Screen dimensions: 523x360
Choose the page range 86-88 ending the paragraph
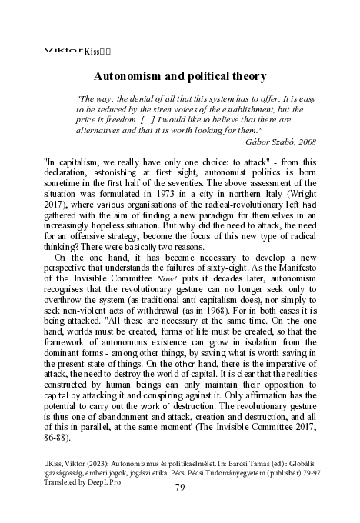click(58, 438)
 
